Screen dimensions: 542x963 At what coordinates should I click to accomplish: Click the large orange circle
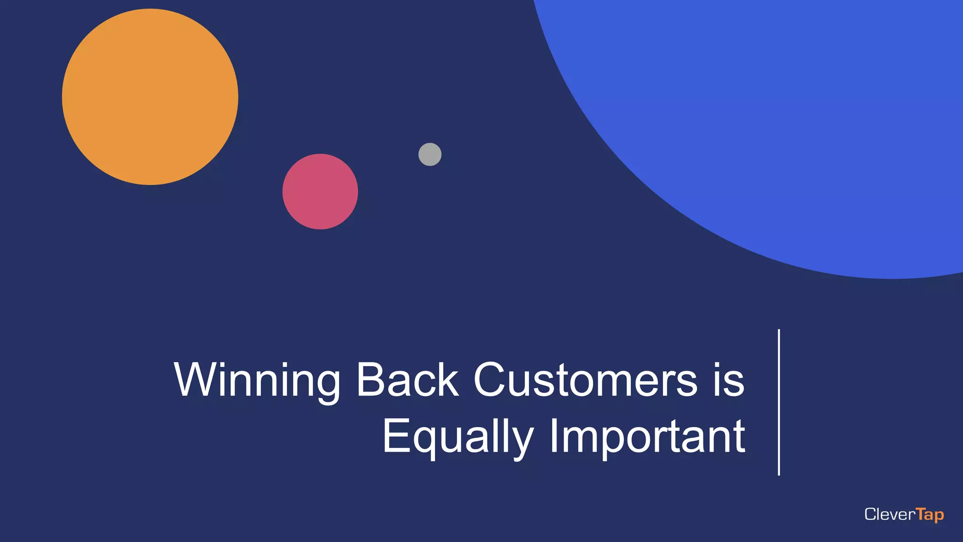coord(150,97)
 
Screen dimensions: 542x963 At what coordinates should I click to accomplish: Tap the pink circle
coord(320,191)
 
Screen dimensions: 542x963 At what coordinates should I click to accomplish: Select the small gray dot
coord(430,154)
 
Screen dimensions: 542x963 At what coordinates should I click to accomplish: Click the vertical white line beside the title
coord(779,402)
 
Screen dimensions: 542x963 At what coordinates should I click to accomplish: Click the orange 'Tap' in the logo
coord(930,515)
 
